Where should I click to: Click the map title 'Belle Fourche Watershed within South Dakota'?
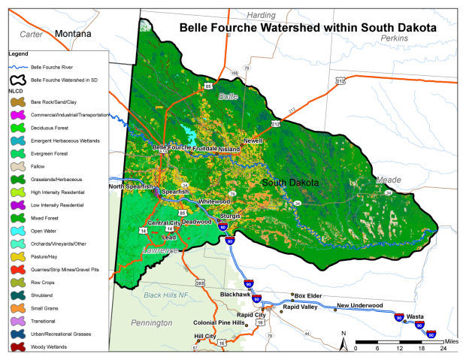pos(307,28)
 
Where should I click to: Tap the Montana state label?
pos(73,35)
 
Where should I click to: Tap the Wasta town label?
pos(416,316)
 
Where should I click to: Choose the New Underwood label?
pos(359,305)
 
